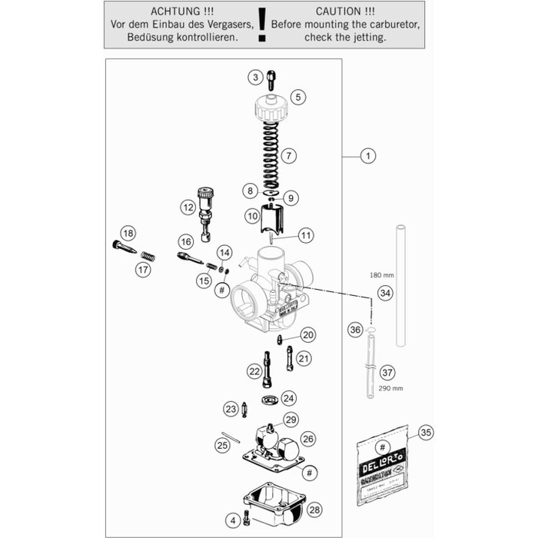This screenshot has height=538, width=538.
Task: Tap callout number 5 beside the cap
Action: pos(297,97)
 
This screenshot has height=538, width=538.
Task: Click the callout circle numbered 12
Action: pos(188,207)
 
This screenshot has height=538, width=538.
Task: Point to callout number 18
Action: pos(128,234)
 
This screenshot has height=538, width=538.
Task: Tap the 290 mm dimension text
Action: pos(390,388)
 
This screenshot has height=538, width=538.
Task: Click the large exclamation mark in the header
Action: pos(263,25)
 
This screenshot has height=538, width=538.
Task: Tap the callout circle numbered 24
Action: pos(288,398)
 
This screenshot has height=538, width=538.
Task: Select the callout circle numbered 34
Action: pos(385,293)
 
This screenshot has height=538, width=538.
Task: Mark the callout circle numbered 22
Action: pos(254,370)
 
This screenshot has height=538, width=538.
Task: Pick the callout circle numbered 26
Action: pos(308,439)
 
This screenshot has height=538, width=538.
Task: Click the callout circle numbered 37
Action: pos(387,373)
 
